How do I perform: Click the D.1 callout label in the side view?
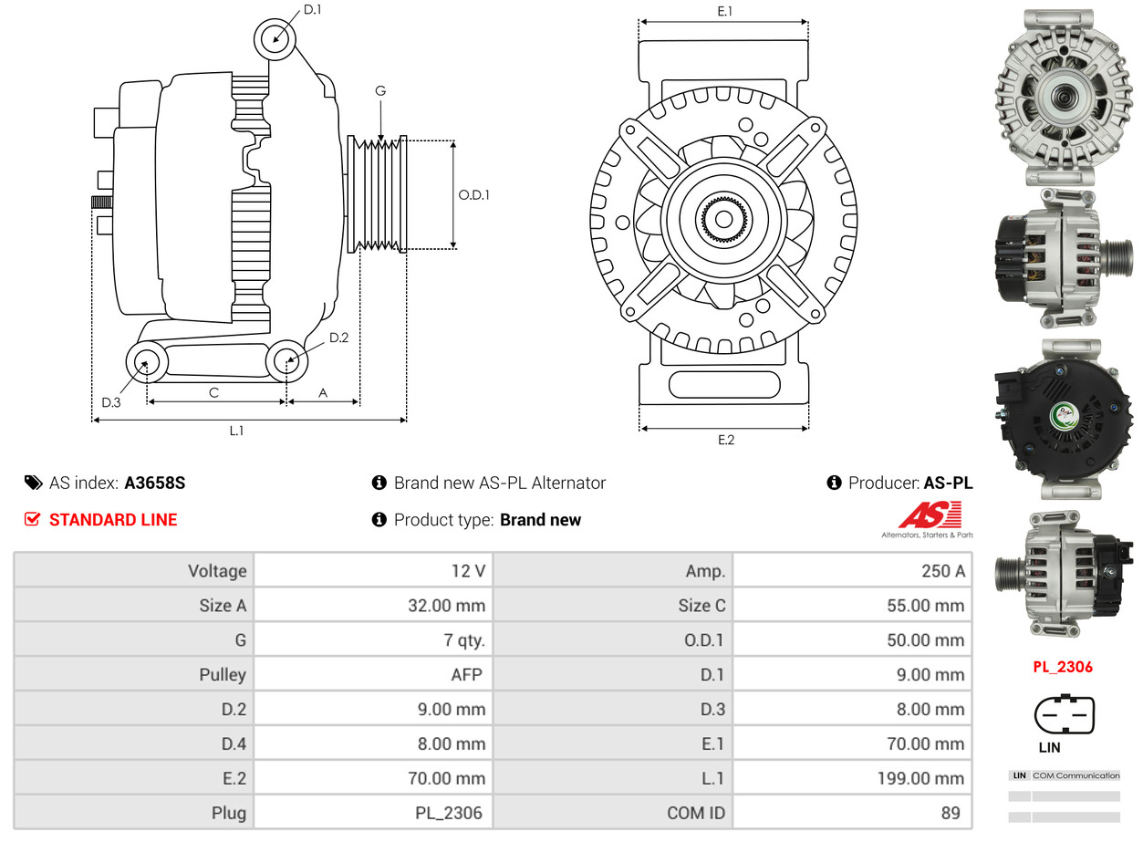312,10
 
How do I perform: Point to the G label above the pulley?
380,90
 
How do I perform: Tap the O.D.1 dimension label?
473,194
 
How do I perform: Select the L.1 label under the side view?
236,431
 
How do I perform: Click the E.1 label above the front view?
725,11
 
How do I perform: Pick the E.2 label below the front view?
725,440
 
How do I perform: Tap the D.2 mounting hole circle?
286,361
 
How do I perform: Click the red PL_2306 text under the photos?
1062,667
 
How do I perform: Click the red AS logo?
929,515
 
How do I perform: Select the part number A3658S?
154,483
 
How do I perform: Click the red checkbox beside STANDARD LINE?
32,519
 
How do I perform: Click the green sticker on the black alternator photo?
1065,415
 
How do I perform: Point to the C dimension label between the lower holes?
213,393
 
